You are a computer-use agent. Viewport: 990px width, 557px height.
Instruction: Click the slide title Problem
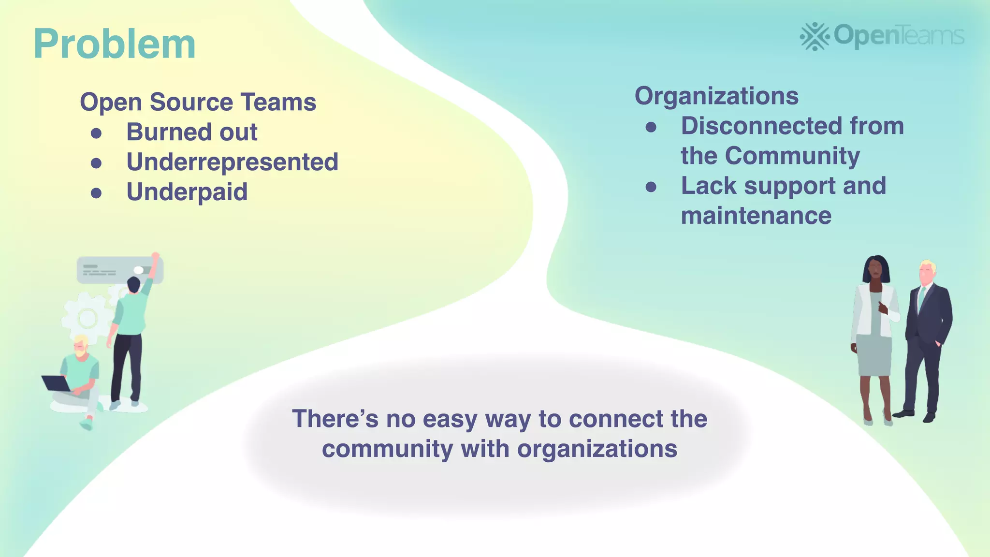click(115, 44)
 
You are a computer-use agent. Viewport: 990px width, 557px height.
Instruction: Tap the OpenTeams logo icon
click(815, 36)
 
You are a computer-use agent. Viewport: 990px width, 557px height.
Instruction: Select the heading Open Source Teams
click(198, 102)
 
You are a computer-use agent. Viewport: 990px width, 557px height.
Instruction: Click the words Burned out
click(191, 132)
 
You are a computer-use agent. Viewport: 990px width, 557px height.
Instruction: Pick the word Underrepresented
click(232, 162)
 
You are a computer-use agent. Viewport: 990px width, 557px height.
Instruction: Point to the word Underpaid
click(187, 192)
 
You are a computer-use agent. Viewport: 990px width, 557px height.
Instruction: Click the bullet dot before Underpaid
click(96, 193)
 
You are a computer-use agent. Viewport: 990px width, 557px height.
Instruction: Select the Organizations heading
click(716, 96)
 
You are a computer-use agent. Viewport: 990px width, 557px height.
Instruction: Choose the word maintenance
click(756, 216)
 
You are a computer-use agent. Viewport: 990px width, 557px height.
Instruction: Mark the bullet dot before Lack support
click(651, 187)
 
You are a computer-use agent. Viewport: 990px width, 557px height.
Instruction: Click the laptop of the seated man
click(56, 383)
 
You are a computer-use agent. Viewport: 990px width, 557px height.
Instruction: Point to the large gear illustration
click(87, 318)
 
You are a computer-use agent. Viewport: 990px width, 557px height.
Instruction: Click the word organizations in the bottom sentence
click(597, 449)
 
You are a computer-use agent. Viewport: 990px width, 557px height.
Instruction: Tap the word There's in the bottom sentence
click(335, 419)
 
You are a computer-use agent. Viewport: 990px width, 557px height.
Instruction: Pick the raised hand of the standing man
click(156, 256)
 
